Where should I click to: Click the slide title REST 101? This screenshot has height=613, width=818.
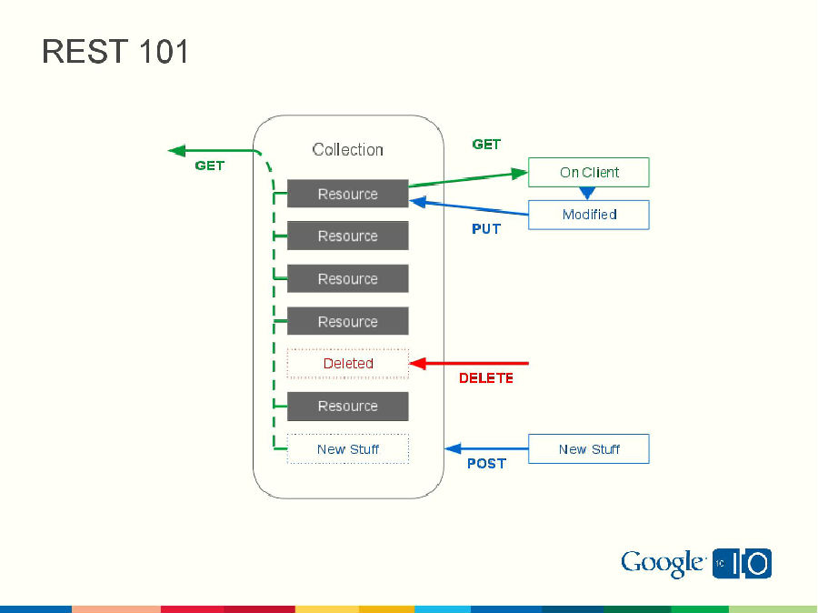coord(115,52)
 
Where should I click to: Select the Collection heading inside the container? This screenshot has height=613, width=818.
coord(347,149)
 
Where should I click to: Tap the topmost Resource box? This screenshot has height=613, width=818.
coord(347,194)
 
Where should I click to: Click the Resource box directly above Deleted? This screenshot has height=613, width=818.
coord(347,321)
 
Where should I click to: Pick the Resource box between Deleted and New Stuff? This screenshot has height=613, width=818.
coord(347,406)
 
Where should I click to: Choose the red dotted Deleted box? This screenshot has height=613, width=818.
coord(347,363)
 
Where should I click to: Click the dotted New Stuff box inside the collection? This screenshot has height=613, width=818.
coord(347,448)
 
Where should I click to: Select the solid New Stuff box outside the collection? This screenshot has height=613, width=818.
coord(588,448)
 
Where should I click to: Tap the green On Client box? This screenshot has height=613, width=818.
coord(588,172)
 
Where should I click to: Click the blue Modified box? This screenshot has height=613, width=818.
coord(588,215)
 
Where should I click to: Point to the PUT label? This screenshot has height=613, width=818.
coord(486,229)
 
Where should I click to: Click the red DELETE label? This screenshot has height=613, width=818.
coord(485,377)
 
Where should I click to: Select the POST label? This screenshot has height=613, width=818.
coord(486,463)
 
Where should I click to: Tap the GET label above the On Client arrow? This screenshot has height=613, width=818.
coord(486,145)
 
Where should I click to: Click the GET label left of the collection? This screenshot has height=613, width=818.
coord(209,166)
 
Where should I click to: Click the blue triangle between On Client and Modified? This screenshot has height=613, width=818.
coord(587,193)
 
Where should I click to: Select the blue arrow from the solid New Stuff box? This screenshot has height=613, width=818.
coord(486,448)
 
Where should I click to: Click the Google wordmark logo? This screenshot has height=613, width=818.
coord(663,564)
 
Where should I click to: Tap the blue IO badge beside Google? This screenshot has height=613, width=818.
coord(743,564)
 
